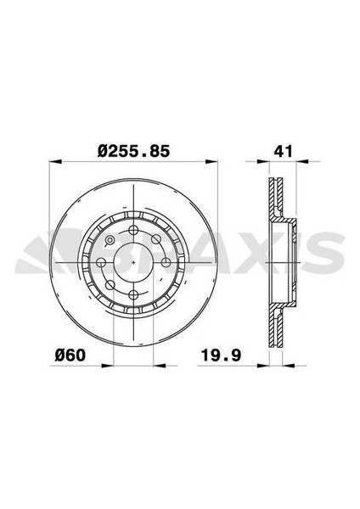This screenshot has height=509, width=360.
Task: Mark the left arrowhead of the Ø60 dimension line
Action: click(105, 364)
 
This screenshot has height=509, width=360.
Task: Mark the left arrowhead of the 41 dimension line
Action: click(265, 161)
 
